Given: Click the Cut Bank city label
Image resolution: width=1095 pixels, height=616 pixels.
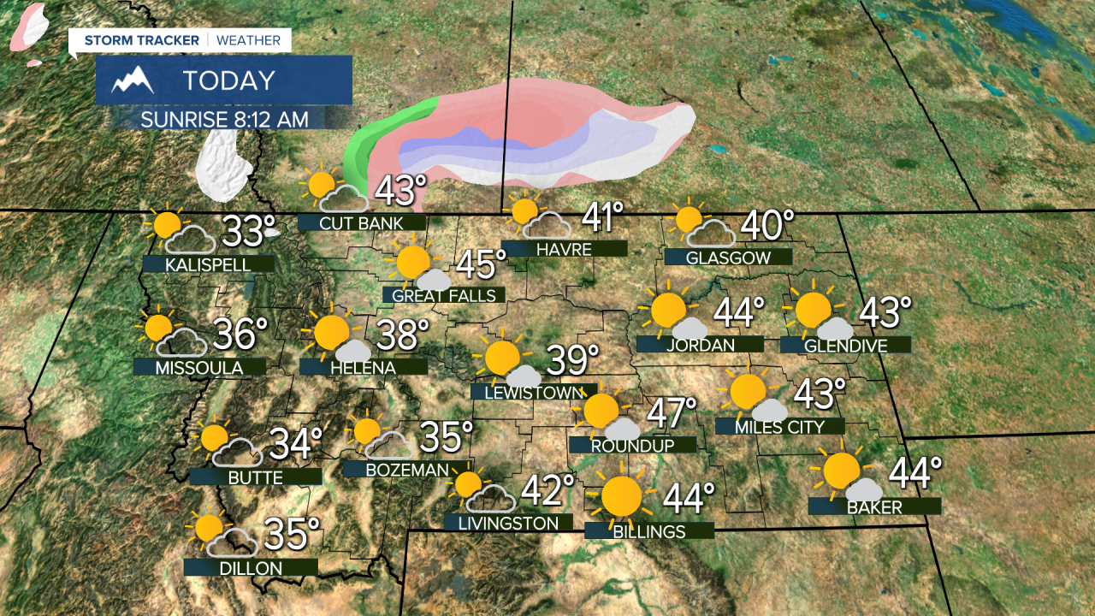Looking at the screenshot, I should pos(361,223).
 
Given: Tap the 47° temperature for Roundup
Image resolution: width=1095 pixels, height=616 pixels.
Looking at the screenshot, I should pos(671,413).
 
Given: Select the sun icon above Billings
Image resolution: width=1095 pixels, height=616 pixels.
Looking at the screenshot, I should pos(621,496).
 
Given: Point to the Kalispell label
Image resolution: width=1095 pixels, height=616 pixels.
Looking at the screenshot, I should pos(209,264).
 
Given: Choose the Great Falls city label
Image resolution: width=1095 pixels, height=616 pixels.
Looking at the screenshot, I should pos(443,295).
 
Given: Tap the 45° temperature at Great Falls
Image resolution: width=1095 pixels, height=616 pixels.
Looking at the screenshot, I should pos(475,264).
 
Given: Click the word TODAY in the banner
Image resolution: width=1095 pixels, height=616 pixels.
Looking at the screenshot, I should pos(228,80).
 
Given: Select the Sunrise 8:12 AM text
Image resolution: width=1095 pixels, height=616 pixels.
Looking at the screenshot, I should pos(224,118).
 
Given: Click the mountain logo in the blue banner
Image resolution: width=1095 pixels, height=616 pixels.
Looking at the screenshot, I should pos(133,80).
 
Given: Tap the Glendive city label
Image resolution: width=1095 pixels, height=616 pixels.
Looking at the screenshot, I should pos(845,345).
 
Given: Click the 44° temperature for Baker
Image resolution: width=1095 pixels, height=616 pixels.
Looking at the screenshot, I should pos(915,474).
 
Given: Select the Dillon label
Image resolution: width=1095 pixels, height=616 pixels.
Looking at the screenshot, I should pos(251,567).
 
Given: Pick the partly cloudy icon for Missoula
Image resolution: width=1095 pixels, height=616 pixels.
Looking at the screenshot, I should pos(173,335).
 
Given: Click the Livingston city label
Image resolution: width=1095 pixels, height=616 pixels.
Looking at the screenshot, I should pos(508,523).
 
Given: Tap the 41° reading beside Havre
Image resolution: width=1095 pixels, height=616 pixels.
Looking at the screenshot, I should pos(602,218).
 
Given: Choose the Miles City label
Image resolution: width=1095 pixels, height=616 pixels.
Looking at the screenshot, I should pos(780,426).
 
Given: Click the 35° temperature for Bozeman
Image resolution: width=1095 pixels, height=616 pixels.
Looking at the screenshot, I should pos(447,437).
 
